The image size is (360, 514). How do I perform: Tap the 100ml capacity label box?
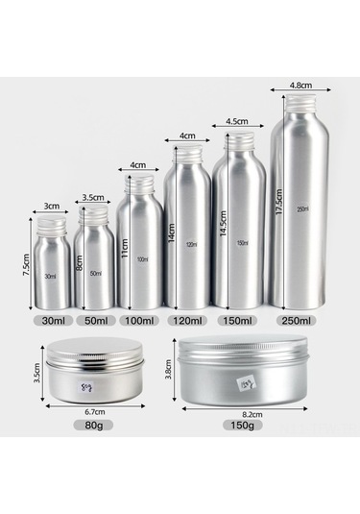click(x=142, y=319)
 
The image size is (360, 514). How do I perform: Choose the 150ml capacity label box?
click(x=237, y=319)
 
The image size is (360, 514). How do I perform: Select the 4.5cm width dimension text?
click(x=237, y=122)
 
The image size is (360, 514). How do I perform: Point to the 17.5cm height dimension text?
click(x=278, y=200)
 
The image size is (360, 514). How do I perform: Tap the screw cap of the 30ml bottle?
click(x=53, y=228)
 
